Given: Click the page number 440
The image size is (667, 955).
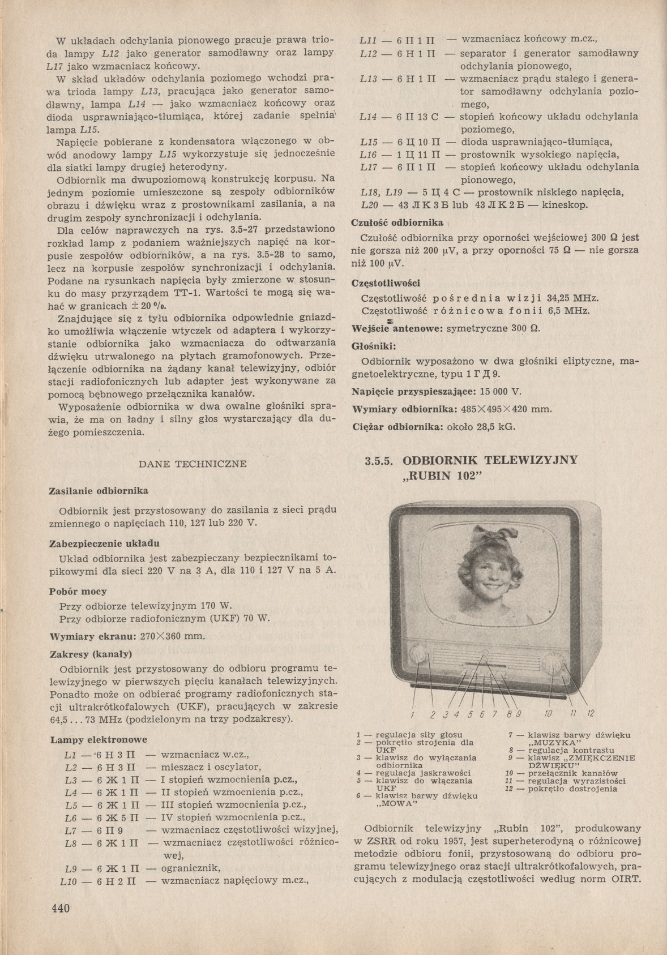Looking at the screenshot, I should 60,909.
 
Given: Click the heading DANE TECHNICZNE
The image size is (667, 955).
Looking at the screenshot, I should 193,464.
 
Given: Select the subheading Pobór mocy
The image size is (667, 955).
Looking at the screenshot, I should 79,591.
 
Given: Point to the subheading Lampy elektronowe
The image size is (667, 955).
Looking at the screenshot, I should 99,739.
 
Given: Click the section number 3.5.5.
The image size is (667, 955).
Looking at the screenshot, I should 379,459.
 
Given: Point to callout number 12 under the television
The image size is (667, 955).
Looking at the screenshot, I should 590,713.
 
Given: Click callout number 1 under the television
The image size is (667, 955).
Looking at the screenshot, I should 414,714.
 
